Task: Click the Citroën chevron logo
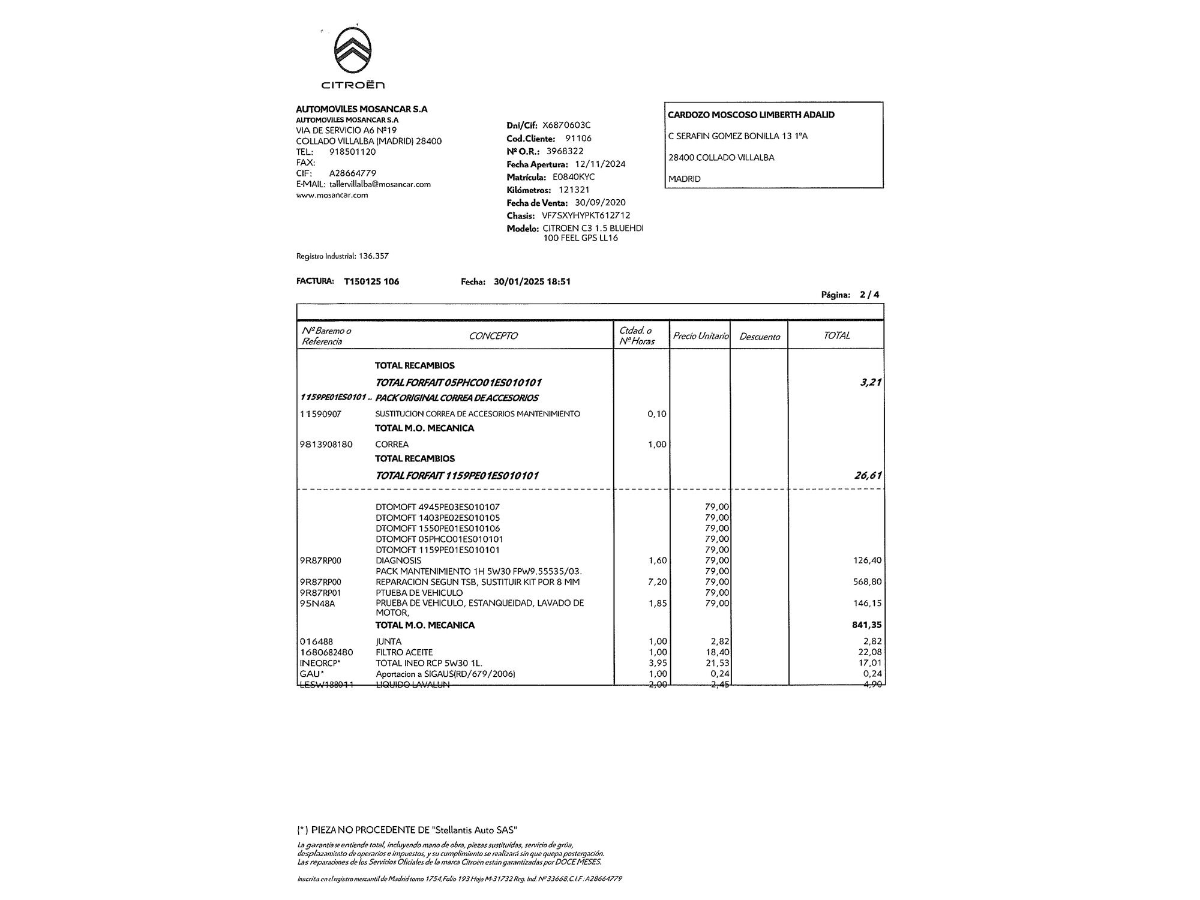pyautogui.click(x=353, y=52)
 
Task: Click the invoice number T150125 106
pyautogui.click(x=371, y=281)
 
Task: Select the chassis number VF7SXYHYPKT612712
pyautogui.click(x=586, y=215)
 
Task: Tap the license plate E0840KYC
pyautogui.click(x=574, y=177)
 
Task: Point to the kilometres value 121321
pyautogui.click(x=574, y=190)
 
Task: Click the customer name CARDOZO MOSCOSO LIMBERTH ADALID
pyautogui.click(x=751, y=115)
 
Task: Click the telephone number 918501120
pyautogui.click(x=353, y=152)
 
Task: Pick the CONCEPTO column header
pyautogui.click(x=493, y=336)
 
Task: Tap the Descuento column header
pyautogui.click(x=759, y=337)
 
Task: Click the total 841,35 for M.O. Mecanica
pyautogui.click(x=866, y=625)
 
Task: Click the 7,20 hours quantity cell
pyautogui.click(x=658, y=582)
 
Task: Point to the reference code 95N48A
pyautogui.click(x=317, y=604)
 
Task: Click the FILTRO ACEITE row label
pyautogui.click(x=404, y=652)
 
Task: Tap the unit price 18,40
pyautogui.click(x=717, y=652)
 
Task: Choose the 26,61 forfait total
pyautogui.click(x=868, y=476)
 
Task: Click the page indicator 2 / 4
pyautogui.click(x=869, y=295)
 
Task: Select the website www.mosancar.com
pyautogui.click(x=332, y=195)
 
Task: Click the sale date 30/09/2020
pyautogui.click(x=600, y=203)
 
